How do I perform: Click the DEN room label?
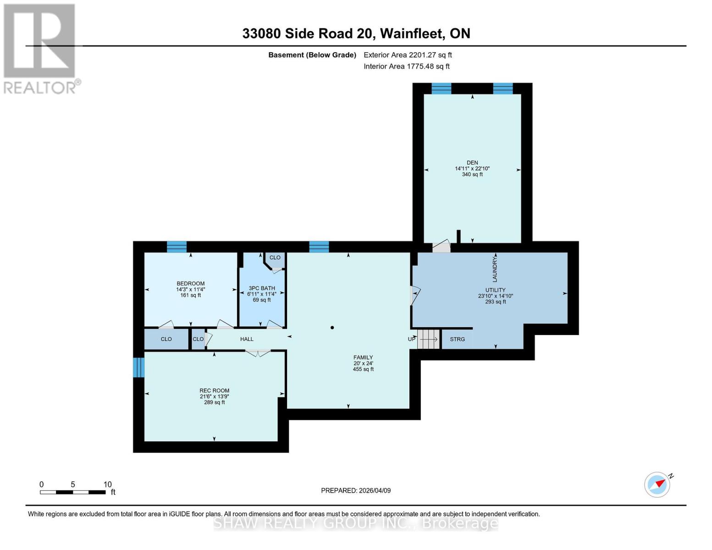[x=472, y=163]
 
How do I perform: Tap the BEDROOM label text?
[x=190, y=284]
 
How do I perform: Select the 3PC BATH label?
[x=262, y=288]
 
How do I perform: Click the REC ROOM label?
[x=214, y=391]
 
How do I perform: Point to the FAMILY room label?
[x=363, y=357]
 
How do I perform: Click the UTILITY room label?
[x=495, y=290]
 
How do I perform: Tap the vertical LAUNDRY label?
[x=495, y=269]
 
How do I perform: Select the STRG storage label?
[x=457, y=339]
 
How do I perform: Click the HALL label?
[x=247, y=339]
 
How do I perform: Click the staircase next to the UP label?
[x=429, y=339]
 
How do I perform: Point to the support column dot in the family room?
[x=332, y=328]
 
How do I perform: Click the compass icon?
[x=658, y=484]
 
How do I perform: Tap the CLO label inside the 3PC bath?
[x=275, y=258]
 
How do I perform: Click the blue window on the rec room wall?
[x=139, y=368]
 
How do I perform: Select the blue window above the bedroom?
[x=177, y=247]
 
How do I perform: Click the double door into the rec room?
[x=258, y=353]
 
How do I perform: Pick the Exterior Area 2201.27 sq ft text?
[x=408, y=55]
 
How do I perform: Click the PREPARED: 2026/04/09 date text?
[x=356, y=490]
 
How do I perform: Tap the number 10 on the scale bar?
[x=107, y=484]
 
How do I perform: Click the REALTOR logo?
[x=40, y=49]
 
